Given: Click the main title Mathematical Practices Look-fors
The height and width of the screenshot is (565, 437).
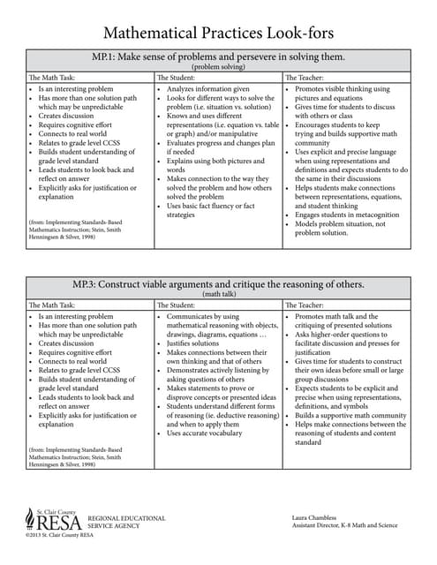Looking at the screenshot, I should tap(219, 33).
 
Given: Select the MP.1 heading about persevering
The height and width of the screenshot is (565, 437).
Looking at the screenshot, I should tap(219, 57).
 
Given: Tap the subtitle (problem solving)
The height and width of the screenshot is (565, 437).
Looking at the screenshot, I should tap(219, 66).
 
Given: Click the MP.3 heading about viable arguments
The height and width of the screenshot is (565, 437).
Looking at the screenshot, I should tap(219, 284).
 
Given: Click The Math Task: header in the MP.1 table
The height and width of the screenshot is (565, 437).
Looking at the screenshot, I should tap(52, 79).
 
